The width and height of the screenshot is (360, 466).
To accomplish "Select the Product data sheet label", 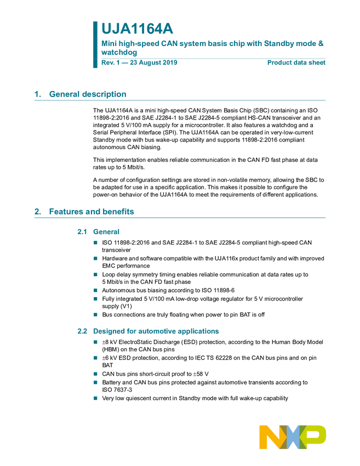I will point(296,63).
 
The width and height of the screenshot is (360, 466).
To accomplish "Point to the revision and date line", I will point(139,63).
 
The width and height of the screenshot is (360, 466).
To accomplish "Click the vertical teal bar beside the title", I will point(94,44).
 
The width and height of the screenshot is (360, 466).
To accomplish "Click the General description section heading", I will point(88,94).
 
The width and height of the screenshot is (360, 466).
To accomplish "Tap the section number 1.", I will point(37,94).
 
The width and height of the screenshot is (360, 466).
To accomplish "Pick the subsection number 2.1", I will point(82,232).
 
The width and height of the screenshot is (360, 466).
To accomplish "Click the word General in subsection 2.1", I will point(106,232).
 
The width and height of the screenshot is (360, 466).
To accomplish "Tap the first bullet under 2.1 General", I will point(95,242).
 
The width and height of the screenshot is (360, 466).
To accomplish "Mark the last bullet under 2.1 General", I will point(95,315).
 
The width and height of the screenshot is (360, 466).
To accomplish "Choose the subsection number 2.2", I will point(82,331).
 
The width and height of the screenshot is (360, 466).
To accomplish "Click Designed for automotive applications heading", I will point(156,331).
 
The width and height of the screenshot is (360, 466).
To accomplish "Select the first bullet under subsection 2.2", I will point(95,342).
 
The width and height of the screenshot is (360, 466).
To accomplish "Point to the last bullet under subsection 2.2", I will point(95,399).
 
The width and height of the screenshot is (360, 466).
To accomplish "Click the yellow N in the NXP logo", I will point(271,437).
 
